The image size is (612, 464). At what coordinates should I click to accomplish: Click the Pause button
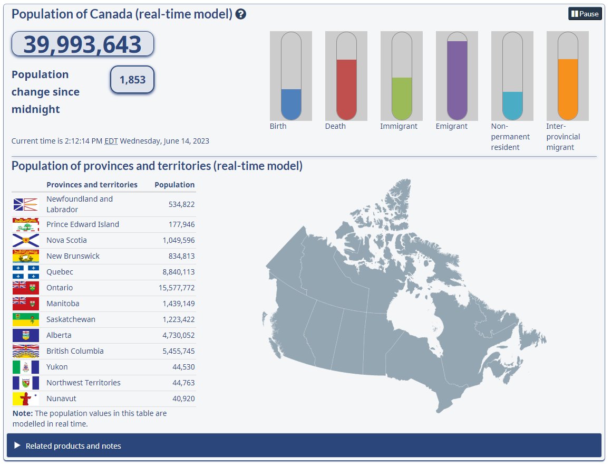[585, 14]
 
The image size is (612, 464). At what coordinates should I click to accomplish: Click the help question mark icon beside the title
[241, 14]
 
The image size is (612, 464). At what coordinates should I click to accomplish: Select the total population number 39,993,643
[82, 44]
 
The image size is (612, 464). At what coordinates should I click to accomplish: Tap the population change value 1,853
[132, 80]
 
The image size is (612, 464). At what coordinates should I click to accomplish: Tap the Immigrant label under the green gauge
[399, 127]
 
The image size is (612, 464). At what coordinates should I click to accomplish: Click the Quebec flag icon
[26, 272]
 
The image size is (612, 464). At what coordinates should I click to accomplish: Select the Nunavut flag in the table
[26, 399]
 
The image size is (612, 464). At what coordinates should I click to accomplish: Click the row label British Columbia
[75, 351]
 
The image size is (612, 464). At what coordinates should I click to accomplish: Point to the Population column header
[174, 185]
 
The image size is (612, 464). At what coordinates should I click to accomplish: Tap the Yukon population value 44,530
[183, 367]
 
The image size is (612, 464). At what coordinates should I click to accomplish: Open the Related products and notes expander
[73, 446]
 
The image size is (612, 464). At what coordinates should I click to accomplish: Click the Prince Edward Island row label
[83, 224]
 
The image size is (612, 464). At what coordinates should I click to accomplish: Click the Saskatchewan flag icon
[26, 319]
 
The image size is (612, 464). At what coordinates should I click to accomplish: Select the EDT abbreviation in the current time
[111, 141]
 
